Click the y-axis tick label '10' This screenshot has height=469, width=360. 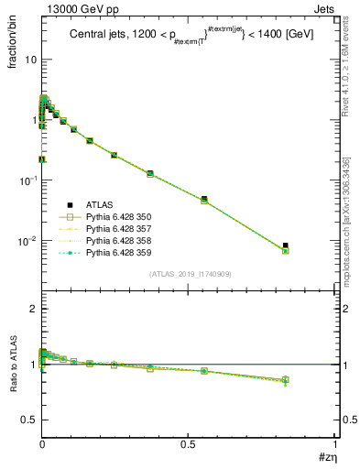tap(30, 59)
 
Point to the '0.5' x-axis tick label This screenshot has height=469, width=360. tap(188, 444)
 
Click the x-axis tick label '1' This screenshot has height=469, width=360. tap(334, 444)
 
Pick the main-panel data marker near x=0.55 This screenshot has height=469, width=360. tap(204, 199)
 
